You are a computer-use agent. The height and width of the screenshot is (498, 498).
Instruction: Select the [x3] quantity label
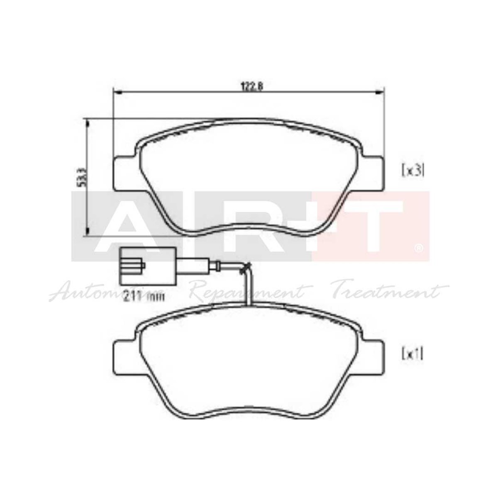click(412, 171)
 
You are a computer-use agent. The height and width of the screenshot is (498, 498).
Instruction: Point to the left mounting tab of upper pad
click(124, 173)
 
